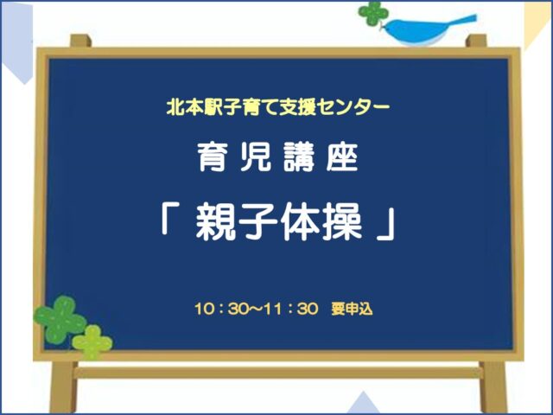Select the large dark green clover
(x=60, y=319)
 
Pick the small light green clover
(x=92, y=342)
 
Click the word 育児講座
(x=277, y=157)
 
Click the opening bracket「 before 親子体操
(x=169, y=221)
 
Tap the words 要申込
(x=352, y=310)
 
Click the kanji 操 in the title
(x=342, y=223)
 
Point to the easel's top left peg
(x=80, y=41)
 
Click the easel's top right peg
(x=476, y=41)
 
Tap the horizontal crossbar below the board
(x=278, y=373)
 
